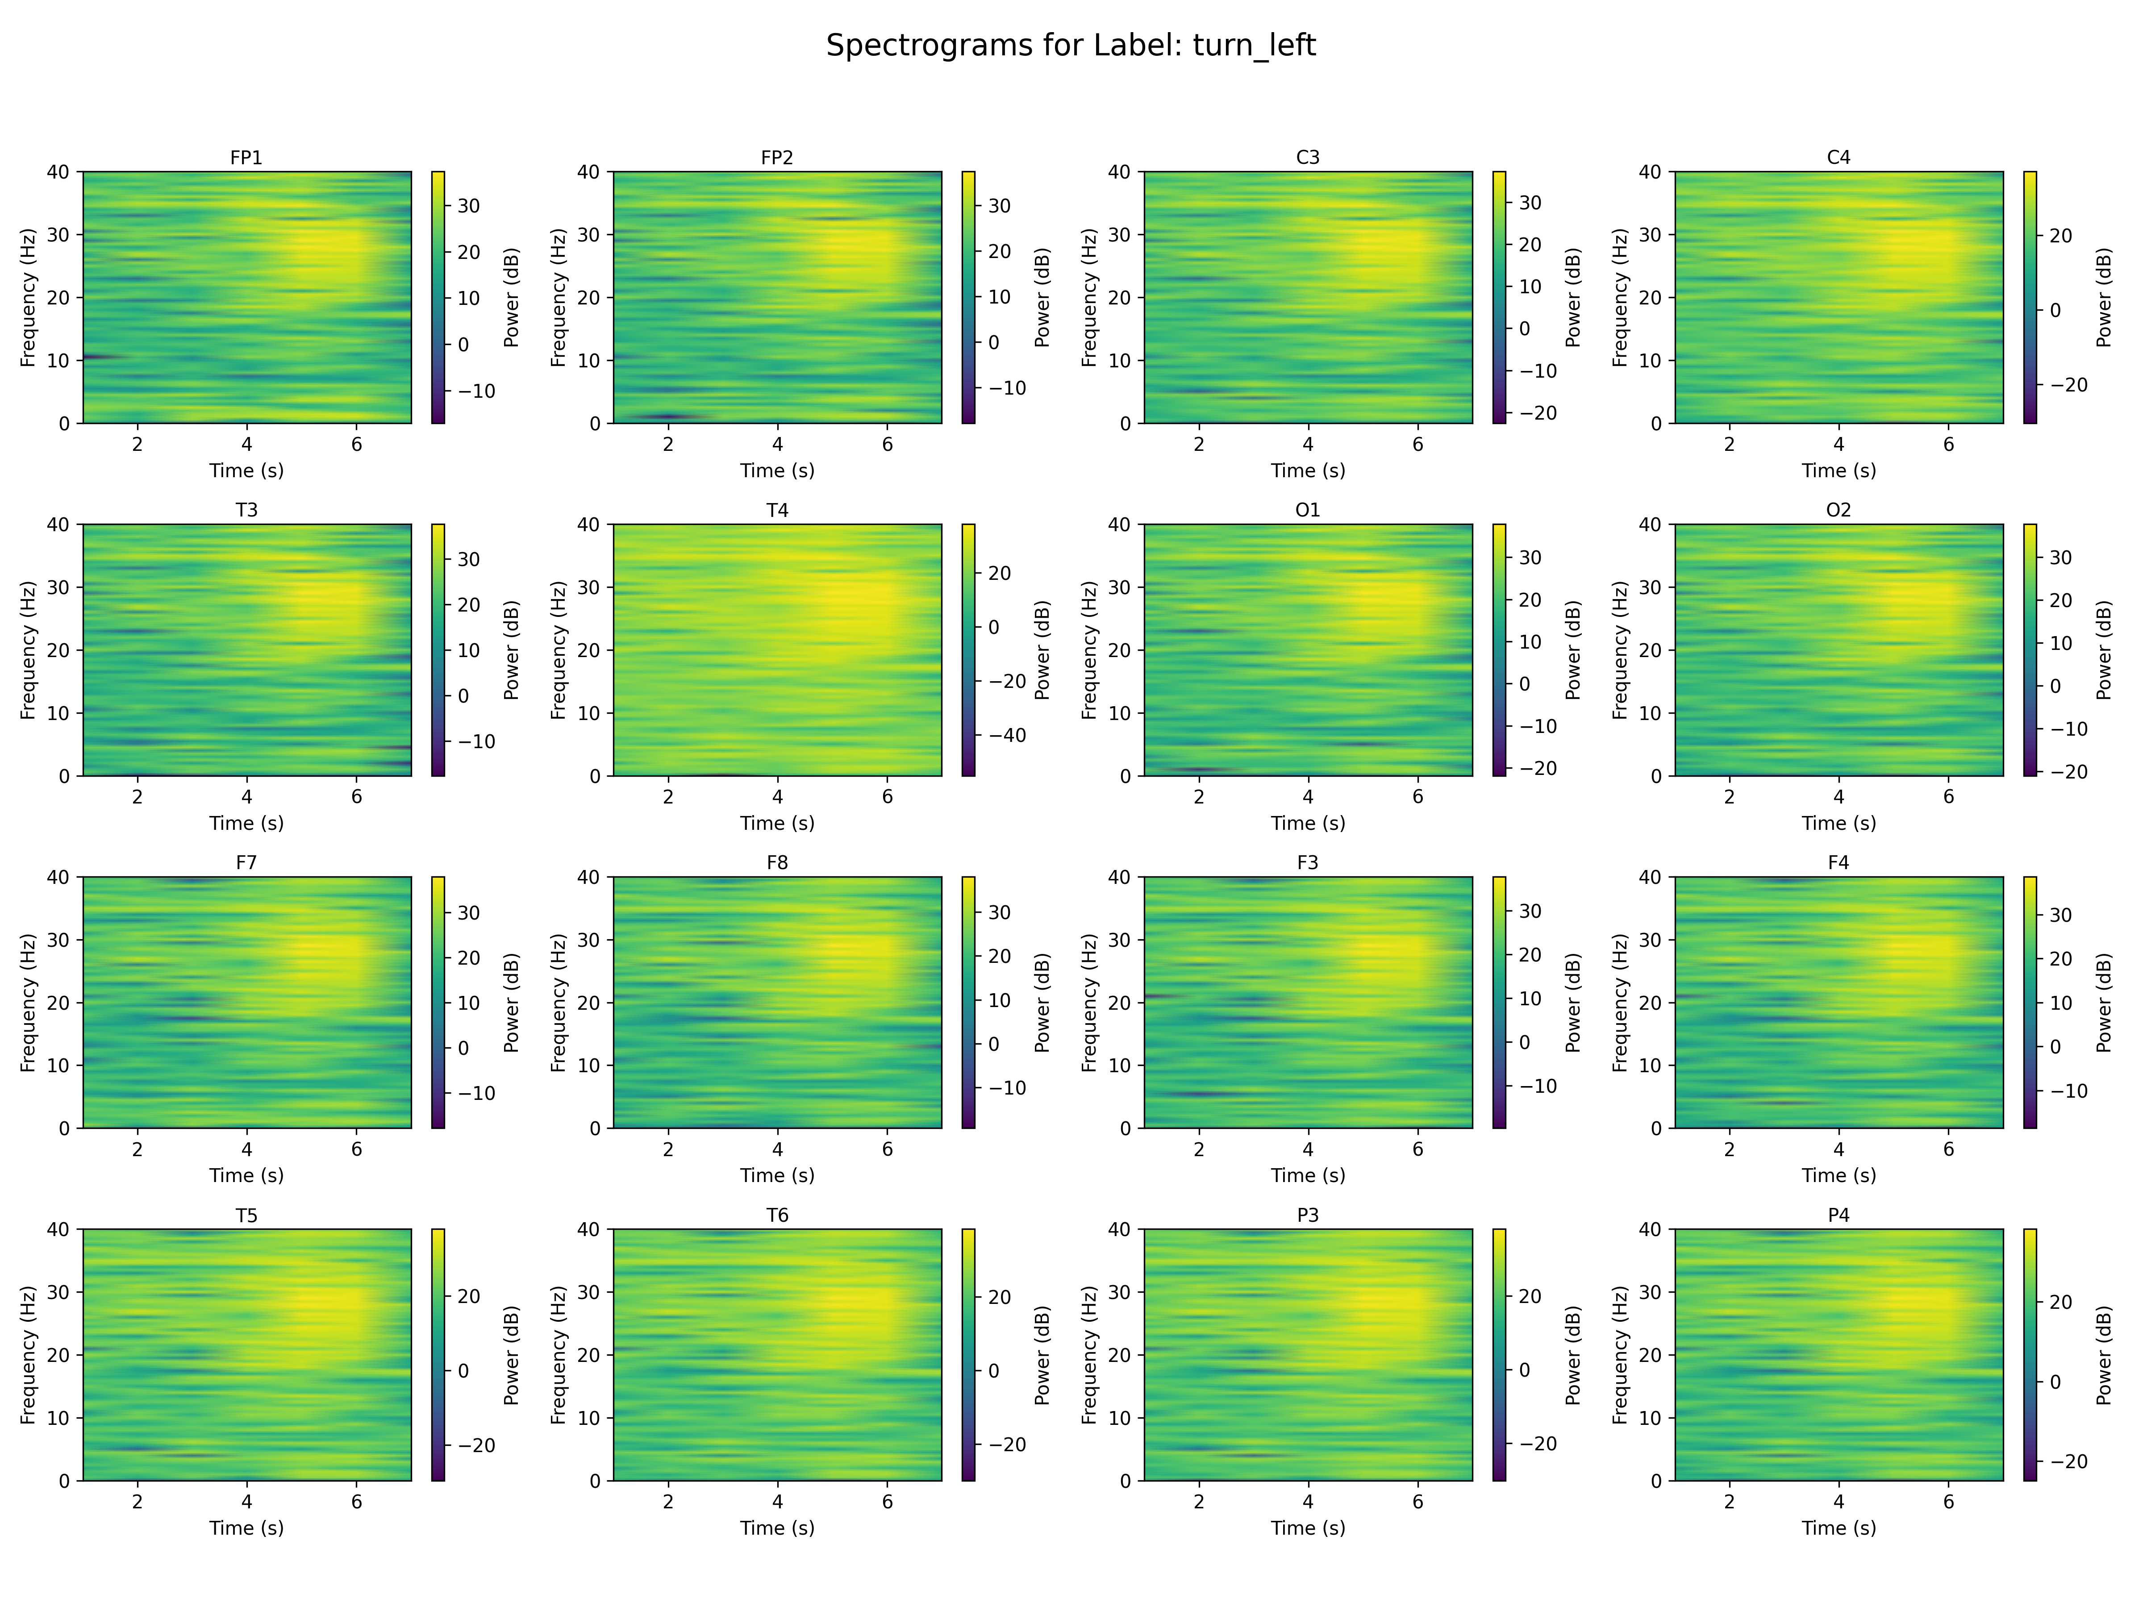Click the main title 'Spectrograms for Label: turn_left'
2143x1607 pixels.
(1071, 46)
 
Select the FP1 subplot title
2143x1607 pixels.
(246, 157)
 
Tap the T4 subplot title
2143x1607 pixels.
(777, 509)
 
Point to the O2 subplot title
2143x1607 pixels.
(1838, 509)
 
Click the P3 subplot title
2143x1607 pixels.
(1307, 1215)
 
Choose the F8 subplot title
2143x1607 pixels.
(777, 862)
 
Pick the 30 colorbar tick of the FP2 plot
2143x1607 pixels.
(999, 205)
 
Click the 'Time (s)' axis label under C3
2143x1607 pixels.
(1307, 471)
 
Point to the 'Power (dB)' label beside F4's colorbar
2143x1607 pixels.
(2103, 1003)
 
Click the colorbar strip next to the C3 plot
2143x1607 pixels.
(1499, 297)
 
